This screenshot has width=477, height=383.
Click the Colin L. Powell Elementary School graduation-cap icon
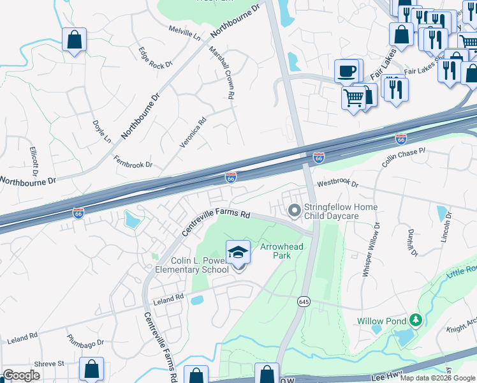(238, 253)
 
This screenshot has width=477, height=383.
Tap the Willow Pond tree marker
(416, 319)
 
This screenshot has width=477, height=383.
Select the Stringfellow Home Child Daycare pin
(295, 210)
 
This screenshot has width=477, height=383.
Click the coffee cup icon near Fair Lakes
(348, 71)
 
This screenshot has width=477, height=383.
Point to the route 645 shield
(303, 301)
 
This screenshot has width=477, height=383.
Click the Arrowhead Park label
(275, 251)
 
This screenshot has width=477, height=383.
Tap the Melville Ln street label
(184, 33)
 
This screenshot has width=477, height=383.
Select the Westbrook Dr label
(338, 183)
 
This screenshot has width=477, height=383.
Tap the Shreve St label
(50, 363)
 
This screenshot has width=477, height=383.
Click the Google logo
(22, 375)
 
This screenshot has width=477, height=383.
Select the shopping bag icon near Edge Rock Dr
(75, 40)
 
